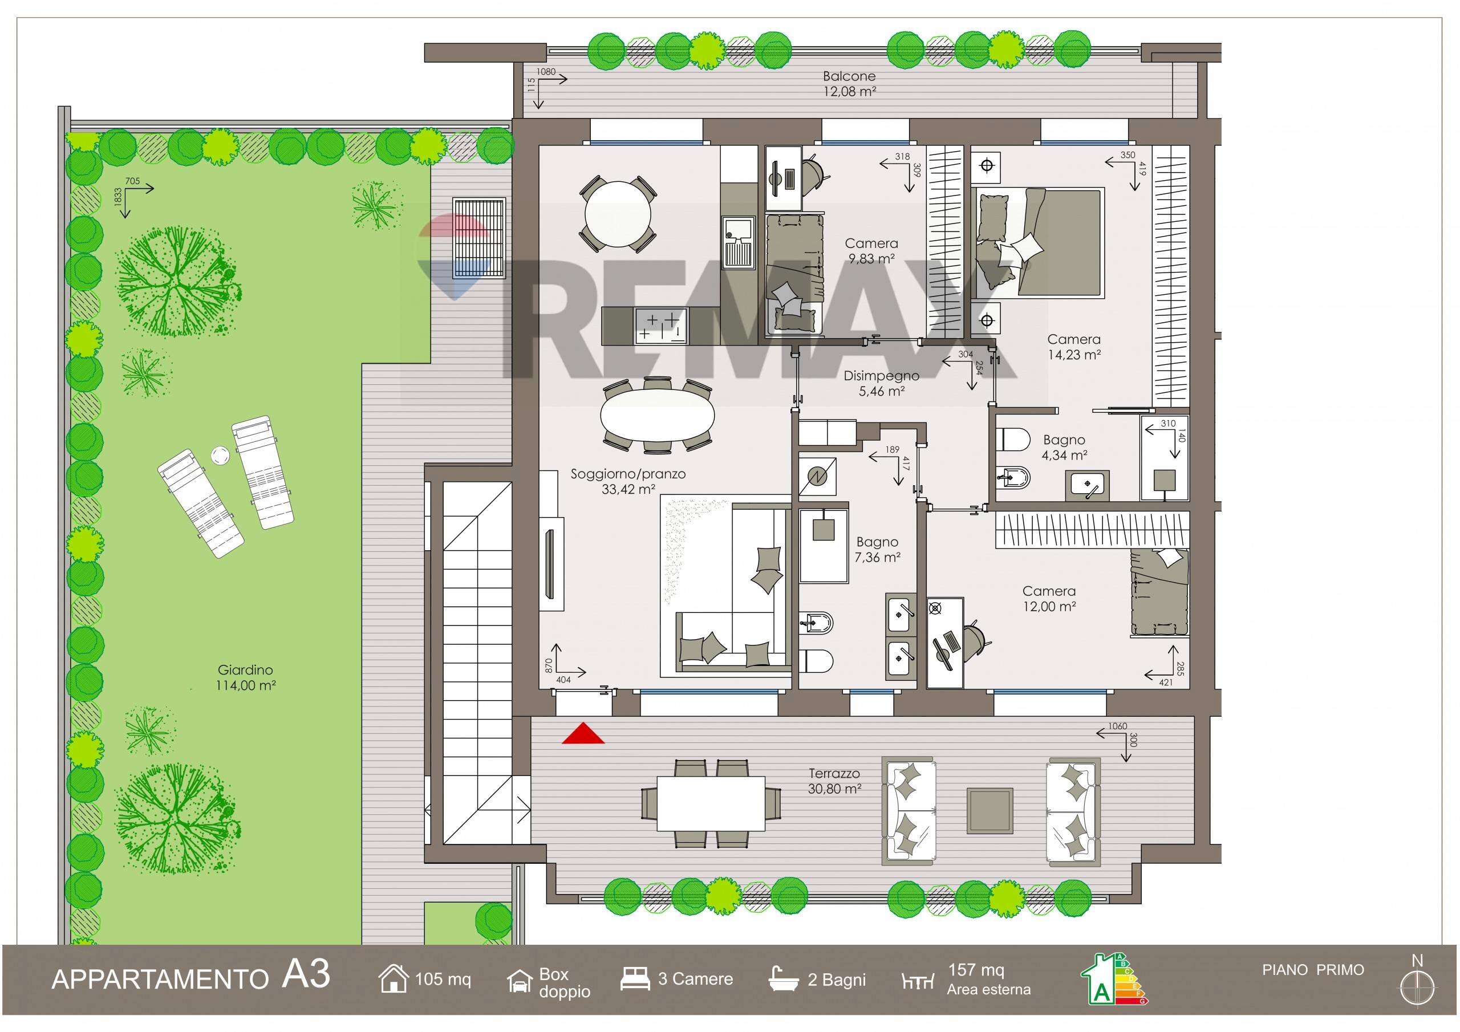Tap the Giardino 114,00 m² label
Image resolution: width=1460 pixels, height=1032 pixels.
click(x=245, y=678)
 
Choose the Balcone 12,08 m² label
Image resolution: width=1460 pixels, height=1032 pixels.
click(x=850, y=83)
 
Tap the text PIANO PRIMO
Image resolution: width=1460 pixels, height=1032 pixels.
click(x=1313, y=970)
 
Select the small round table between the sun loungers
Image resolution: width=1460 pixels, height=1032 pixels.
click(x=220, y=455)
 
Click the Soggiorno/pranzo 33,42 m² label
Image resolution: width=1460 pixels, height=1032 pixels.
click(x=628, y=481)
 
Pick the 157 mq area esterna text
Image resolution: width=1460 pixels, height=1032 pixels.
click(x=988, y=979)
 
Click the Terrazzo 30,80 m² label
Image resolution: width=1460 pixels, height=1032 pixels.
click(x=835, y=782)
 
